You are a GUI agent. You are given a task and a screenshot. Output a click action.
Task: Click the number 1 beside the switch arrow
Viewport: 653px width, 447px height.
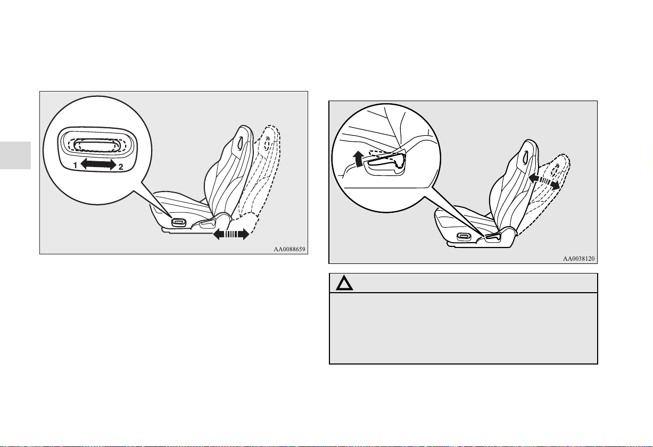click(75, 165)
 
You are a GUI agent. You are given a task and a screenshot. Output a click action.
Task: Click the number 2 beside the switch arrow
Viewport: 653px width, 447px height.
click(121, 167)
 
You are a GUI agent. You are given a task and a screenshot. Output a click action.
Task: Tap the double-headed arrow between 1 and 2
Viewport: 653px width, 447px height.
click(98, 164)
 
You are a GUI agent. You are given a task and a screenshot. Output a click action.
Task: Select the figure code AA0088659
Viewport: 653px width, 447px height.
click(289, 249)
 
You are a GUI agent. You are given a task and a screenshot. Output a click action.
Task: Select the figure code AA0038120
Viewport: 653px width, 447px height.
click(578, 259)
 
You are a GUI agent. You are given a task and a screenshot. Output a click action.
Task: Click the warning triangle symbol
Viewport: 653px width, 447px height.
click(344, 283)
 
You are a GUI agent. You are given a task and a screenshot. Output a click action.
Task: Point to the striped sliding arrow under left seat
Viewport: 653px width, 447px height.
click(231, 234)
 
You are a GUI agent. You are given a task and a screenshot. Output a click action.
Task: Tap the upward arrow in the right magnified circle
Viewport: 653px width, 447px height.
click(357, 159)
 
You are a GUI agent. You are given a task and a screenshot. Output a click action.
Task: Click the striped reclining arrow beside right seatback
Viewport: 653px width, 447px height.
click(544, 181)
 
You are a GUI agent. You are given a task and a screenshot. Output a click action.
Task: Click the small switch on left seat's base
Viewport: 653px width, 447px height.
click(178, 222)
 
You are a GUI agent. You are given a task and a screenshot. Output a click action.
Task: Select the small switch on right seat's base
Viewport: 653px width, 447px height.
click(464, 236)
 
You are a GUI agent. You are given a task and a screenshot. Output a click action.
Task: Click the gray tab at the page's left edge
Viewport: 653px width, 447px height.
click(15, 155)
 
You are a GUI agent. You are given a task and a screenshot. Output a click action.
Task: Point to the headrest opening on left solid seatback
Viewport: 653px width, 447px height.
click(240, 141)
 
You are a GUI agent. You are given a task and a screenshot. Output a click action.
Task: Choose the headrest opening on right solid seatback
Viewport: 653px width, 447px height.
click(526, 156)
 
